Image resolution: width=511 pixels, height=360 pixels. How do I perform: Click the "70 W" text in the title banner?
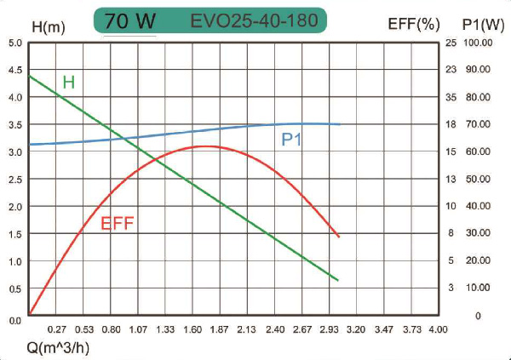[129, 20]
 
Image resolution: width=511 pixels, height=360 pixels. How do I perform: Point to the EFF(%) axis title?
[413, 25]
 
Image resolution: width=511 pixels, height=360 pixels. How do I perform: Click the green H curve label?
[69, 83]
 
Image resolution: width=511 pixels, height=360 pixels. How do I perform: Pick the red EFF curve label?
[118, 225]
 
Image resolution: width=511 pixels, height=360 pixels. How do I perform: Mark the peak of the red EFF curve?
[207, 146]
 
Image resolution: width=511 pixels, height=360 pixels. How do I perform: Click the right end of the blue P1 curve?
[340, 124]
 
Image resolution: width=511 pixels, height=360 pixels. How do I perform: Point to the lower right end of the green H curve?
[339, 280]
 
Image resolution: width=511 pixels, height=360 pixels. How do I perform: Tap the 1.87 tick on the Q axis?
[220, 329]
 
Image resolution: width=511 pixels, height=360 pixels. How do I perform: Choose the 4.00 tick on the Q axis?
[437, 329]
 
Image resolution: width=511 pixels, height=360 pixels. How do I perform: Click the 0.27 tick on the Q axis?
[57, 329]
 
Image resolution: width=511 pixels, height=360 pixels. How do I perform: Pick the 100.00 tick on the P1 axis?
[479, 43]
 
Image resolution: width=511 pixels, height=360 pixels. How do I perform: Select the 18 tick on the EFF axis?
[451, 124]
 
